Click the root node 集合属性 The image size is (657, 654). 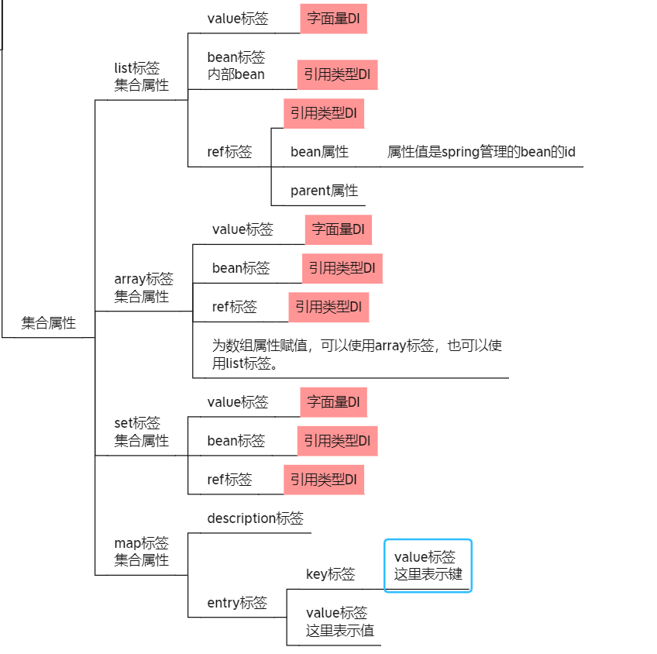click(x=49, y=323)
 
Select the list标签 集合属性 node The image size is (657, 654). click(x=141, y=77)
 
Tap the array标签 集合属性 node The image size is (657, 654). click(x=143, y=287)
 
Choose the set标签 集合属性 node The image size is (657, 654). click(x=141, y=432)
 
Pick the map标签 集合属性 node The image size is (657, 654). click(x=141, y=551)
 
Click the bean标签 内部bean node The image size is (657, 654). click(x=236, y=66)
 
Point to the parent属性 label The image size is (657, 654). click(x=324, y=191)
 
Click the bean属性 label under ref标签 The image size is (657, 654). click(x=319, y=152)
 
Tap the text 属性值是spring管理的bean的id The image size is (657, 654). click(x=481, y=152)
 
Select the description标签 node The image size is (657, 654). click(x=255, y=518)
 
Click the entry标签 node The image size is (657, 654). click(x=237, y=603)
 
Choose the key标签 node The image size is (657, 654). click(x=331, y=574)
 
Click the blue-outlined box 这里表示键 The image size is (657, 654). click(x=428, y=566)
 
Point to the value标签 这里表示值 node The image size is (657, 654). click(x=339, y=621)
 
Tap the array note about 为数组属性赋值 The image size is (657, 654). click(x=356, y=354)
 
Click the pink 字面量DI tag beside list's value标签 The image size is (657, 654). click(x=333, y=19)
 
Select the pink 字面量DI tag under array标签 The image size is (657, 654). click(x=338, y=229)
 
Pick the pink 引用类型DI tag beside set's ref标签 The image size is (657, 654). click(x=323, y=480)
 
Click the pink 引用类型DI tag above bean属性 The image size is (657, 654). click(x=323, y=113)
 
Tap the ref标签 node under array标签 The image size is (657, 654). click(x=234, y=307)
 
